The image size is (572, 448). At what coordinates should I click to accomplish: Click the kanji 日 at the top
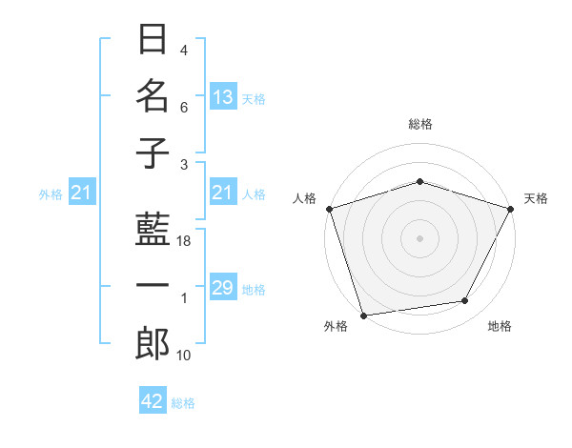pyautogui.click(x=153, y=41)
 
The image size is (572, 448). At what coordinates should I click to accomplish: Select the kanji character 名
pyautogui.click(x=153, y=96)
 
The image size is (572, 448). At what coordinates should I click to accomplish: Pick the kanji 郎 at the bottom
pyautogui.click(x=153, y=343)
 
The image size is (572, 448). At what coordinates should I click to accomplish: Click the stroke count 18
pyautogui.click(x=185, y=242)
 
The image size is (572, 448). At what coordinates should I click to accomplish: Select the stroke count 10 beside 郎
pyautogui.click(x=185, y=356)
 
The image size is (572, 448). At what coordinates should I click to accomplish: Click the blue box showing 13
pyautogui.click(x=223, y=97)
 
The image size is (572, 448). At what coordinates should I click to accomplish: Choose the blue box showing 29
pyautogui.click(x=223, y=288)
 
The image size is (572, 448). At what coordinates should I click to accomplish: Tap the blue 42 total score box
pyautogui.click(x=153, y=401)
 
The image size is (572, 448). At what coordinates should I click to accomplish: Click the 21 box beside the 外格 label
pyautogui.click(x=81, y=193)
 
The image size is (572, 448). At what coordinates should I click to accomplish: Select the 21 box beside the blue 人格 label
pyautogui.click(x=223, y=193)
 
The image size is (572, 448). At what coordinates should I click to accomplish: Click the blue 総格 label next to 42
pyautogui.click(x=183, y=403)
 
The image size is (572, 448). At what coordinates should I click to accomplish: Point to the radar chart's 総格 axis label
pyautogui.click(x=420, y=124)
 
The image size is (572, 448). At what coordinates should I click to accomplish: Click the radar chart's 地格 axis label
pyautogui.click(x=500, y=327)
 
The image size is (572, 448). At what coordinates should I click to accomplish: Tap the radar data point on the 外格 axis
pyautogui.click(x=363, y=316)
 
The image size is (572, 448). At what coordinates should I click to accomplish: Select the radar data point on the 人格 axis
pyautogui.click(x=329, y=209)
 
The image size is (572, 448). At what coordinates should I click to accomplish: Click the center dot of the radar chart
pyautogui.click(x=419, y=237)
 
